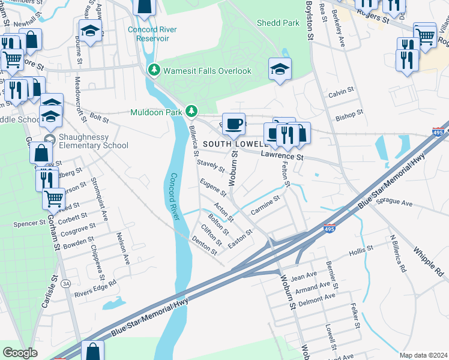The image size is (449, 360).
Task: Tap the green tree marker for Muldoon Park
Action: (191, 111)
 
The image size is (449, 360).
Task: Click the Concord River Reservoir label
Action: (152, 34)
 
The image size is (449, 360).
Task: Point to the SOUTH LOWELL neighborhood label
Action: (234, 145)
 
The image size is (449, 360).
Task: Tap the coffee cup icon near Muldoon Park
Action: (234, 124)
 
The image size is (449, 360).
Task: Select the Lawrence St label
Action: (282, 156)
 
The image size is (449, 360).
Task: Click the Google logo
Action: (20, 352)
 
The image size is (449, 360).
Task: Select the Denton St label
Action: (203, 245)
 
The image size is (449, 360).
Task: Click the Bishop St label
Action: (349, 114)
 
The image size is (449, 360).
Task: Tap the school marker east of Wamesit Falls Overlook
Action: (280, 69)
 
